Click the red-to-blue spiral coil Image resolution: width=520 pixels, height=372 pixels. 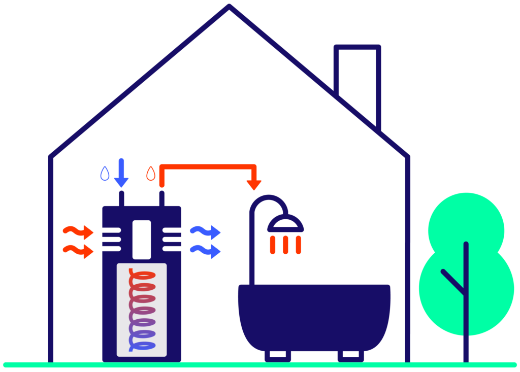(x=142, y=310)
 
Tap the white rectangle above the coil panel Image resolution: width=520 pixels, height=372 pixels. (x=142, y=240)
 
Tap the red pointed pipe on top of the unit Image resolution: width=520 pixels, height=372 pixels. (x=150, y=186)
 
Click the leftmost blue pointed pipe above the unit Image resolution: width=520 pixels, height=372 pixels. (x=105, y=186)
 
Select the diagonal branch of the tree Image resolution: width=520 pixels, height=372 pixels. (x=453, y=282)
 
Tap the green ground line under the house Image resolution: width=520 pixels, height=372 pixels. (x=254, y=365)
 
